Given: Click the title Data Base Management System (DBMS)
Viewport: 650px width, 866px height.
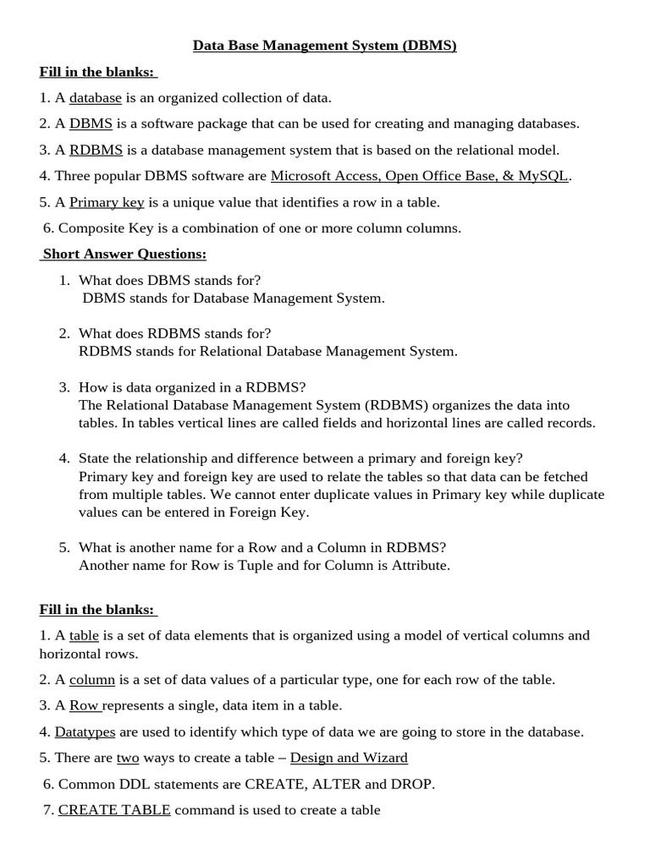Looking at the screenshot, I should (325, 46).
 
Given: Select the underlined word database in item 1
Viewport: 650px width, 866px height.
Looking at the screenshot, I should (96, 97).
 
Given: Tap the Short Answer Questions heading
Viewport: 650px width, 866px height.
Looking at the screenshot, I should (124, 254).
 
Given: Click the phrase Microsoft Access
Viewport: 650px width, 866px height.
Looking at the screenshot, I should (322, 176).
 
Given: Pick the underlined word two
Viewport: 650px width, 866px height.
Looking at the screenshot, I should (128, 758).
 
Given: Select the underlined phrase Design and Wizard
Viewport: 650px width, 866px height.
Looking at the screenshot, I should (349, 758).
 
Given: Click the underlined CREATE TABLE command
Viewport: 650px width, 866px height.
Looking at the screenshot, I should (114, 810).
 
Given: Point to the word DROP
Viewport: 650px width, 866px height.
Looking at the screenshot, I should (413, 784).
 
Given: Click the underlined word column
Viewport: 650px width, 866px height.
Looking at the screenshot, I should (92, 679).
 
